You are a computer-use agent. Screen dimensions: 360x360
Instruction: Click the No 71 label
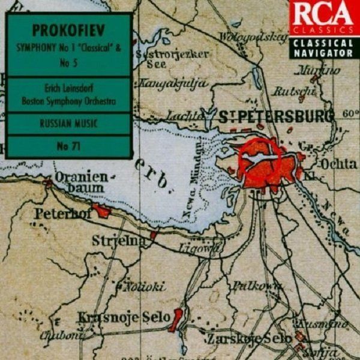(69, 146)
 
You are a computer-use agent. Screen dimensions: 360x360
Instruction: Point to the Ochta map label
(338, 163)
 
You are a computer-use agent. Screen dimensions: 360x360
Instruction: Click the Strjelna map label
(119, 241)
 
